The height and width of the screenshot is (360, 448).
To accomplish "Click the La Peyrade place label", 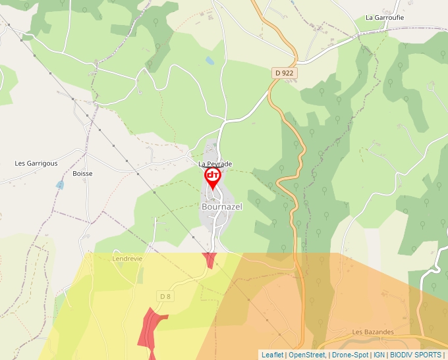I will (215, 163).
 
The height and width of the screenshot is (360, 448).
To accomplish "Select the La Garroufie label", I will (385, 18).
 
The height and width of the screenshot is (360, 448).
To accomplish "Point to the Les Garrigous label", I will (36, 163).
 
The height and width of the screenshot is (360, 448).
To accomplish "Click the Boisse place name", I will (82, 174).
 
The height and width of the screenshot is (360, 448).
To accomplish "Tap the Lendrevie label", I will (128, 259).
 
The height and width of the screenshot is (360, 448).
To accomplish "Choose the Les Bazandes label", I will (373, 332).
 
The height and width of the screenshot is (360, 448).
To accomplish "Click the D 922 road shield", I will (283, 73).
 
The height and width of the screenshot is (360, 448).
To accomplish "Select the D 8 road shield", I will (165, 296).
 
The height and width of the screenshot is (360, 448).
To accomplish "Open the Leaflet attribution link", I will (272, 355).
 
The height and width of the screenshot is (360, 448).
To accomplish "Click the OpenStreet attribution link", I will (307, 355).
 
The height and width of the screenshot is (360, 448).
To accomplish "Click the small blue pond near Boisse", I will (60, 186).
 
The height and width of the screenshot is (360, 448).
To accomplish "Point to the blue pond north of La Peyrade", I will (210, 61).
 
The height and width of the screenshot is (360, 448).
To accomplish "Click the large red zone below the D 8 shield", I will (150, 329).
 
